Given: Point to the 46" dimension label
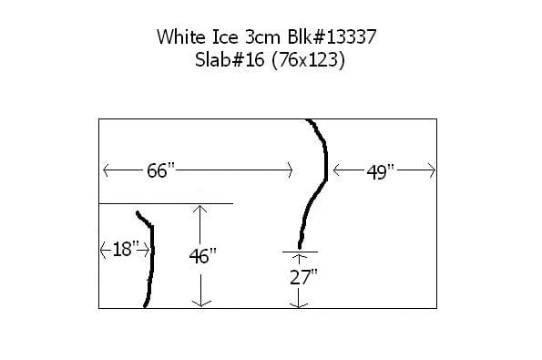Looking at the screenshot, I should coord(201,256).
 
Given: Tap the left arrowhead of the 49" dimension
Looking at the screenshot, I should coord(336,170).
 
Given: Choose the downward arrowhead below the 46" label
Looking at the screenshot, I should coord(201,302).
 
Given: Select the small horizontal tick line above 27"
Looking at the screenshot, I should coord(300,250).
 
